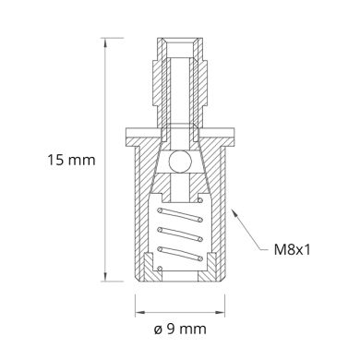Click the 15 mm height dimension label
[70, 161]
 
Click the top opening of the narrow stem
[181, 42]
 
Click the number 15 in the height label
[56, 161]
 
